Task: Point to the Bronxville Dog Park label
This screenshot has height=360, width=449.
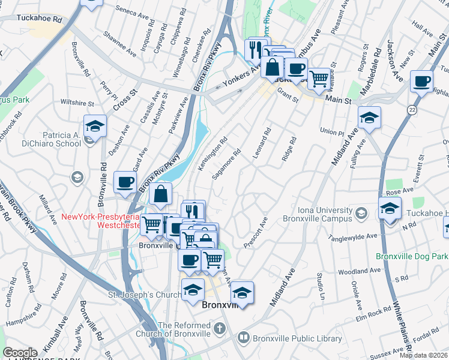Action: [412, 256]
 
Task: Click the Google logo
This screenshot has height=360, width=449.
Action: [20, 353]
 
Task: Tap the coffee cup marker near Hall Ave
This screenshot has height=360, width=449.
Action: [421, 81]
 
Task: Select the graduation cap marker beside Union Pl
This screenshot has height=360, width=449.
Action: [369, 117]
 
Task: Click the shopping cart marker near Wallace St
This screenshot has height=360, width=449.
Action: [319, 78]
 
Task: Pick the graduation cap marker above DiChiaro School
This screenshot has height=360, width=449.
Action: [95, 126]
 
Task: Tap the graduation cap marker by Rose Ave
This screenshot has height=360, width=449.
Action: [390, 208]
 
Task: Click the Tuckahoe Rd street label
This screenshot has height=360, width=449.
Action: [40, 19]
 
